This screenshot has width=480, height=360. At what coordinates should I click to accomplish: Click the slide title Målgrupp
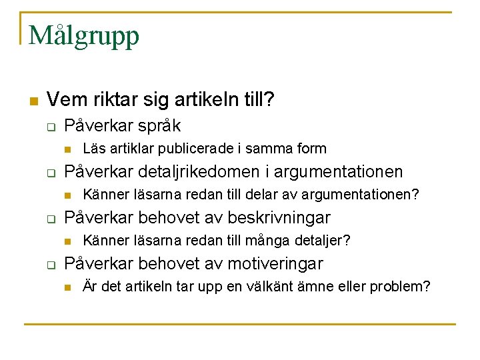coord(84,35)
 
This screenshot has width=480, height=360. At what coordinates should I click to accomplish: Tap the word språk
coord(159,126)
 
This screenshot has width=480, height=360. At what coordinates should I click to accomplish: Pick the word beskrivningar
coord(279,218)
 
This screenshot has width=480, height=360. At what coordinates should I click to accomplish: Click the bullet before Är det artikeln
coord(67,287)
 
